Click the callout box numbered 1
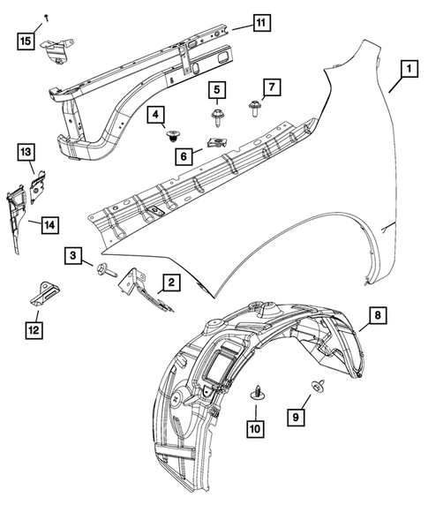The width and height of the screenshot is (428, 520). point(408,68)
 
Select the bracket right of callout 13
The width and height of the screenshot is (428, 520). point(37,185)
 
